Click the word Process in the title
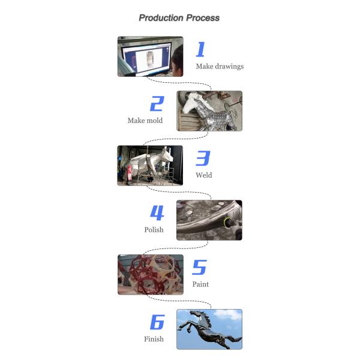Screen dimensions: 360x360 [203, 18]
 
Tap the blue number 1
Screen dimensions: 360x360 [200, 49]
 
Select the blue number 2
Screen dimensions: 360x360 [157, 104]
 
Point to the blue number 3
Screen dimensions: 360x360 [203, 158]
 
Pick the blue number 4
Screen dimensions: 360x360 [157, 213]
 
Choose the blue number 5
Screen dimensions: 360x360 [200, 267]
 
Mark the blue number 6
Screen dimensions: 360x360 [157, 322]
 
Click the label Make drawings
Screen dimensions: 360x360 [220, 67]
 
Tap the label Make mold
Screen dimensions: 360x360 [145, 121]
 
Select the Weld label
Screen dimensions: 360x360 [204, 175]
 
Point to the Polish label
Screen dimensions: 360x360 [154, 230]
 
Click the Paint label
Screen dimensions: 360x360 [200, 284]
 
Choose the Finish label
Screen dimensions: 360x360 [154, 339]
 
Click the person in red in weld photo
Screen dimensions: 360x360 [129, 174]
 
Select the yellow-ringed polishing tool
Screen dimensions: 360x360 [228, 223]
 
